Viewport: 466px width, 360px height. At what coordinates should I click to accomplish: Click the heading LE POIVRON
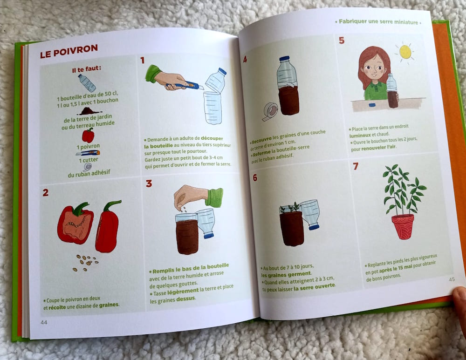[x=69, y=51]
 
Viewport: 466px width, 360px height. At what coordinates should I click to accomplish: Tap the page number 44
[x=44, y=322]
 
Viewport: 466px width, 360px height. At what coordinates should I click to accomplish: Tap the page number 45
[x=452, y=279]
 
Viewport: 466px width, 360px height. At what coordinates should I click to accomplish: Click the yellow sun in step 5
[x=405, y=52]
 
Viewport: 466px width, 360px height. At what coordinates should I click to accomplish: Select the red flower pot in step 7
[x=403, y=226]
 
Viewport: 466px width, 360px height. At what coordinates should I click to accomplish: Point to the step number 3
[x=149, y=183]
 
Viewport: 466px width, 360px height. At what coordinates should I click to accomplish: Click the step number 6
[x=255, y=177]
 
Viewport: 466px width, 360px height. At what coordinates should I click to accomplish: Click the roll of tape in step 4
[x=270, y=112]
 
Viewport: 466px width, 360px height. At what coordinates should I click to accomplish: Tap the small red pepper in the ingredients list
[x=88, y=135]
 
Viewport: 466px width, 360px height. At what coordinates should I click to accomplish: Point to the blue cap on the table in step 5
[x=371, y=105]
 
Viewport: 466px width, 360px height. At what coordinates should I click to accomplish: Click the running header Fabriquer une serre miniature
[x=378, y=22]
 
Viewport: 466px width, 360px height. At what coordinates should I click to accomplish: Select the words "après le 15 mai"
[x=396, y=268]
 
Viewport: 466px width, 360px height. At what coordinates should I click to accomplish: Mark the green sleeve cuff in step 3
[x=215, y=197]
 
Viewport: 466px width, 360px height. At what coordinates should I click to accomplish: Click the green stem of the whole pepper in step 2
[x=112, y=205]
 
